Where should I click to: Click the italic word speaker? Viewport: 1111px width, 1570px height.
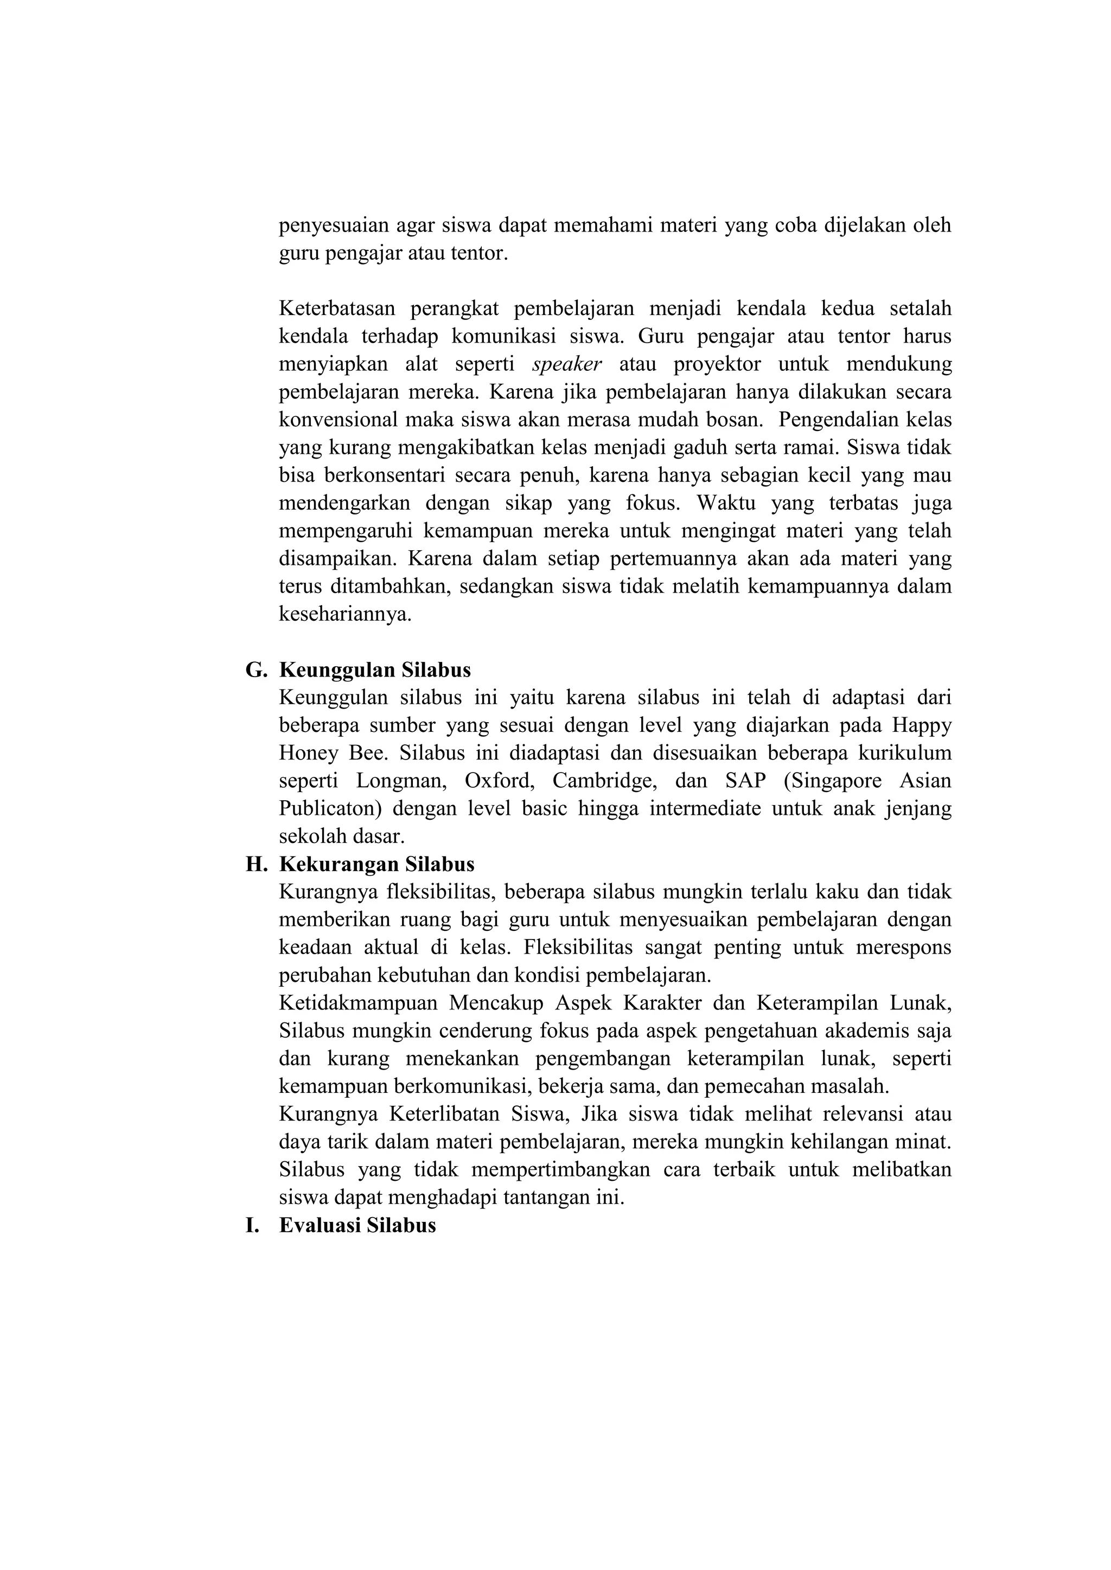pos(566,364)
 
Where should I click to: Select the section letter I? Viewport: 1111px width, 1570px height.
pos(252,1225)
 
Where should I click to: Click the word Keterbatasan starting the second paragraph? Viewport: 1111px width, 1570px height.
pos(336,308)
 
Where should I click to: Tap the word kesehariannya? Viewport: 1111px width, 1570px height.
pos(345,614)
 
